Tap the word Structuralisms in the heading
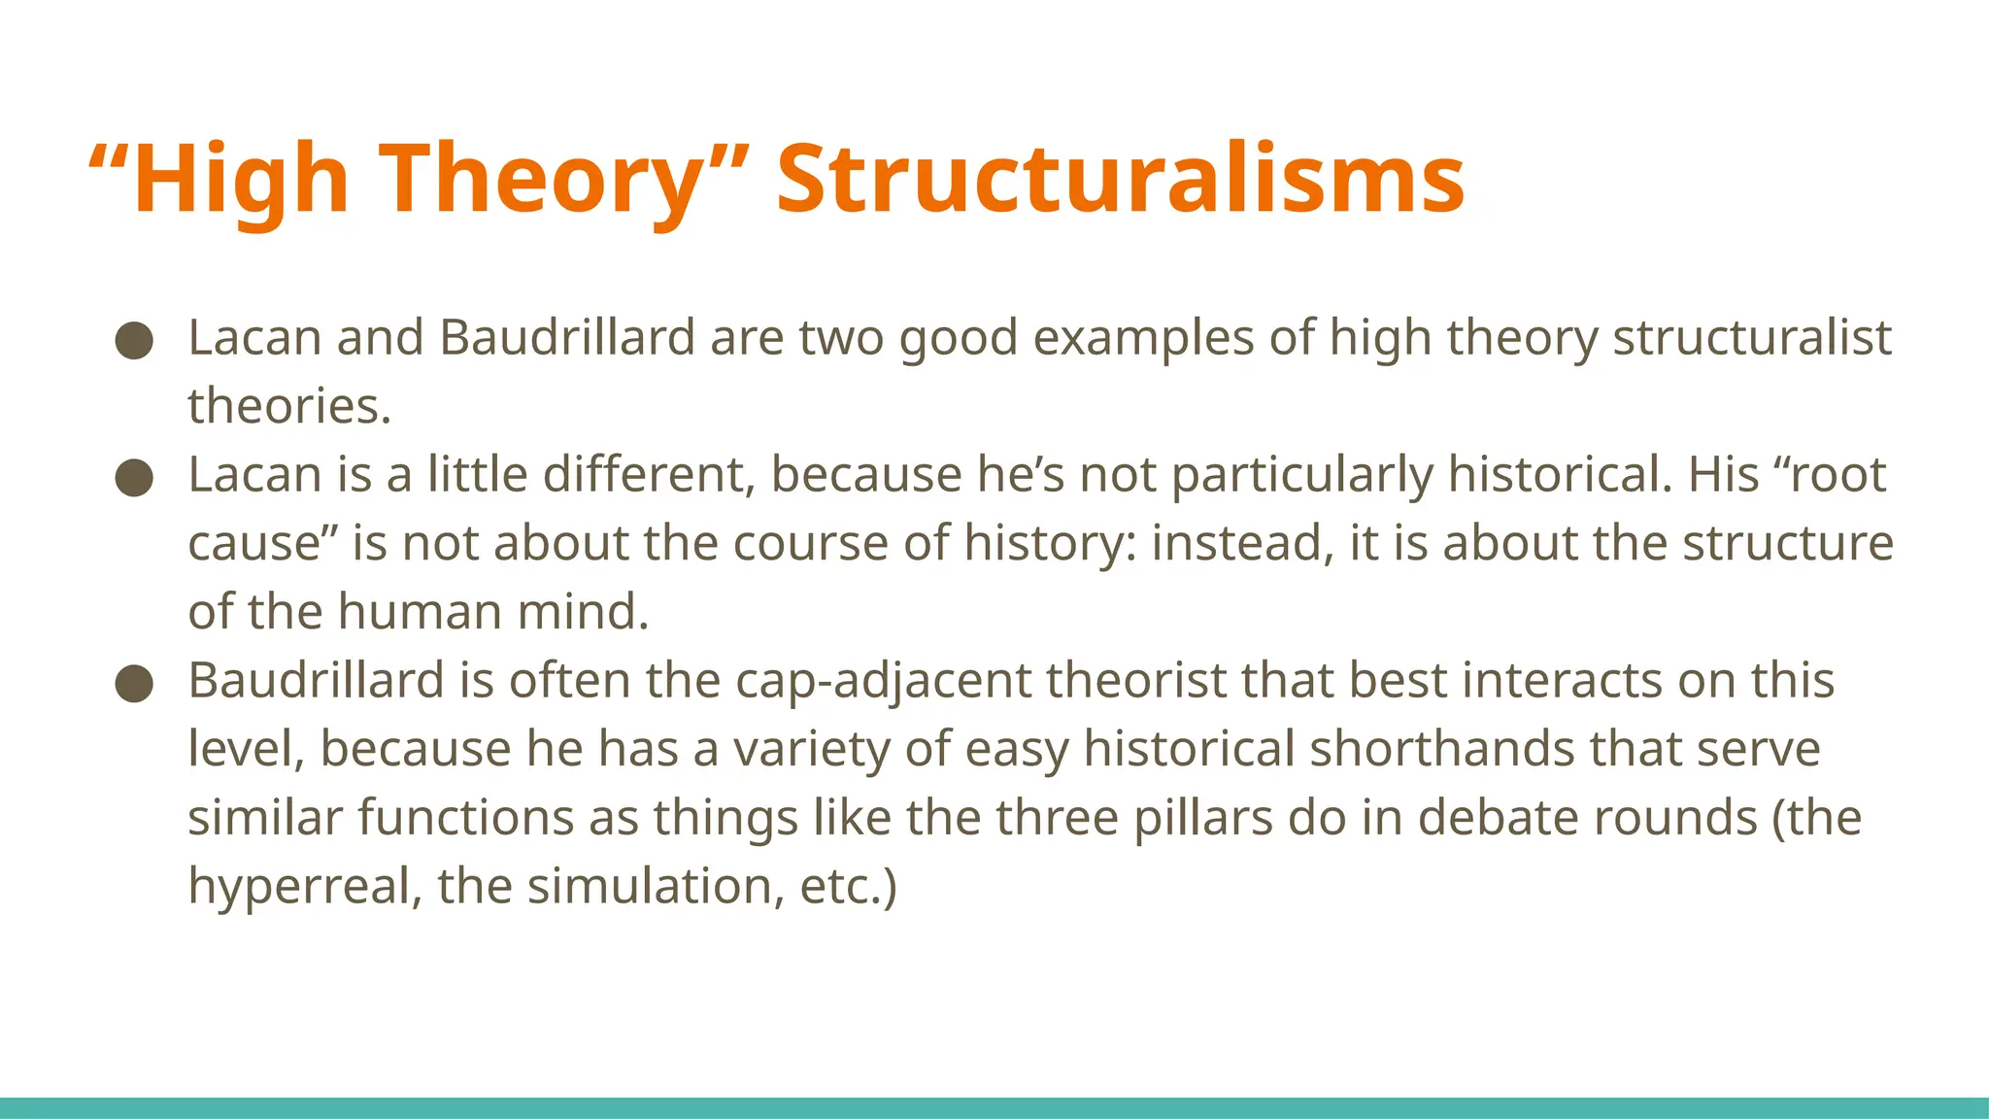click(1120, 180)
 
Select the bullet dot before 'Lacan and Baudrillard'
click(134, 340)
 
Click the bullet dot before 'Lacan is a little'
click(134, 477)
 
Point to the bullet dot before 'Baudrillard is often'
click(134, 683)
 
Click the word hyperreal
click(297, 887)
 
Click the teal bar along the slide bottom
click(994, 1107)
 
